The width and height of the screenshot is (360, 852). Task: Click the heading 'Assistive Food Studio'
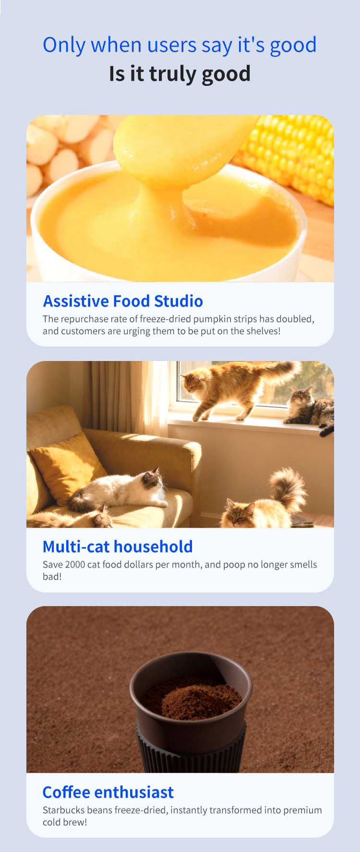tap(123, 301)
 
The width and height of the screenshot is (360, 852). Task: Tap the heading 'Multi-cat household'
tap(118, 547)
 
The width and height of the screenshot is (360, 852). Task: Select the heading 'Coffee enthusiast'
tap(108, 792)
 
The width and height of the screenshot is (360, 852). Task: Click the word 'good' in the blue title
tap(293, 46)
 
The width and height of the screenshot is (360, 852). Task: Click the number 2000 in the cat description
tap(75, 565)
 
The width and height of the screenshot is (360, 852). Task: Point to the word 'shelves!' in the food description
tap(264, 331)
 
